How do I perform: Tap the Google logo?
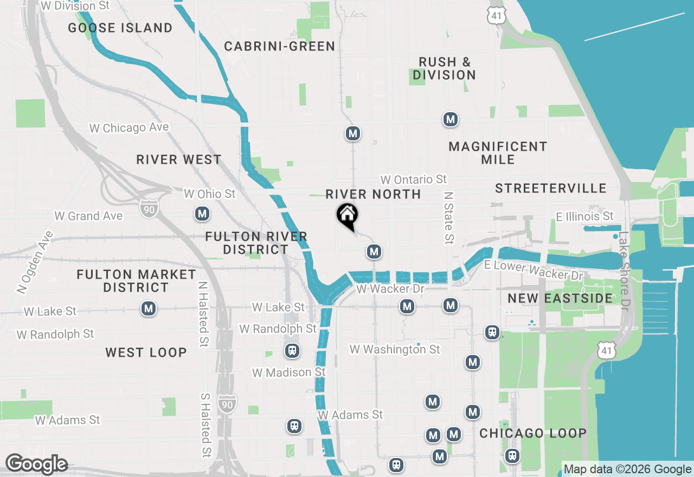click(36, 465)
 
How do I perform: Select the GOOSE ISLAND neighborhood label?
click(120, 28)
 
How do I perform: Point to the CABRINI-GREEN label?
click(280, 47)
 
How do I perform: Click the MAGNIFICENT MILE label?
click(498, 153)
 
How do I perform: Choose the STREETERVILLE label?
click(550, 189)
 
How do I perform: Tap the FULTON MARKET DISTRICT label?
click(136, 281)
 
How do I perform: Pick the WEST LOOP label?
click(146, 353)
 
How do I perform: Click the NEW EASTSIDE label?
click(560, 298)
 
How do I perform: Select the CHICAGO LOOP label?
click(533, 434)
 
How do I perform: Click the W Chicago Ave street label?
click(129, 128)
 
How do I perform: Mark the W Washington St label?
click(395, 350)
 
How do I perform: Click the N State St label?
click(448, 217)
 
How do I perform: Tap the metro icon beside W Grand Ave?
click(202, 214)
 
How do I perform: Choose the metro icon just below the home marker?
click(373, 251)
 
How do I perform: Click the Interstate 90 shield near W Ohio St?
click(148, 208)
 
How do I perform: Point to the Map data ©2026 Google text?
click(627, 469)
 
